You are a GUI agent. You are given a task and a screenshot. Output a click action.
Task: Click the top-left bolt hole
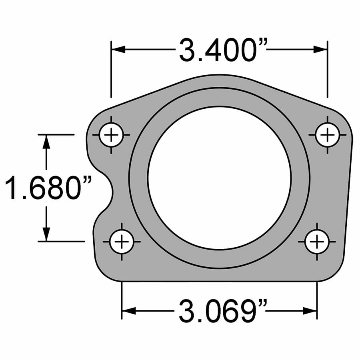click(111, 135)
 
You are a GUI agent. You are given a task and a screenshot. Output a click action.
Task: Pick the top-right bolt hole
click(328, 135)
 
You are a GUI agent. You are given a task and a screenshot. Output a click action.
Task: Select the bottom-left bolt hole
click(122, 242)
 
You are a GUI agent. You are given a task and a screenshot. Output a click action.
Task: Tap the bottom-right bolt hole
click(317, 242)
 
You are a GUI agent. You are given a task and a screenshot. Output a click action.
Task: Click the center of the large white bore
click(219, 178)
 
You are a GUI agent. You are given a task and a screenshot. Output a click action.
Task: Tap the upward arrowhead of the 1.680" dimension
click(47, 142)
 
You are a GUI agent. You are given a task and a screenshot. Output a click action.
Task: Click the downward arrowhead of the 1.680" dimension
click(47, 234)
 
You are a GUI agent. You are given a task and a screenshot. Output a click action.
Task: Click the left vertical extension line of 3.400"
click(111, 68)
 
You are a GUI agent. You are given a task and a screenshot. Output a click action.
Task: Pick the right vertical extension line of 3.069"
click(317, 300)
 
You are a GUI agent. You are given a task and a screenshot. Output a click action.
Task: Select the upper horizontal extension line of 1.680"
click(56, 135)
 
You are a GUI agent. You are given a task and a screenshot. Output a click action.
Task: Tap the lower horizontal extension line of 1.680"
click(60, 242)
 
